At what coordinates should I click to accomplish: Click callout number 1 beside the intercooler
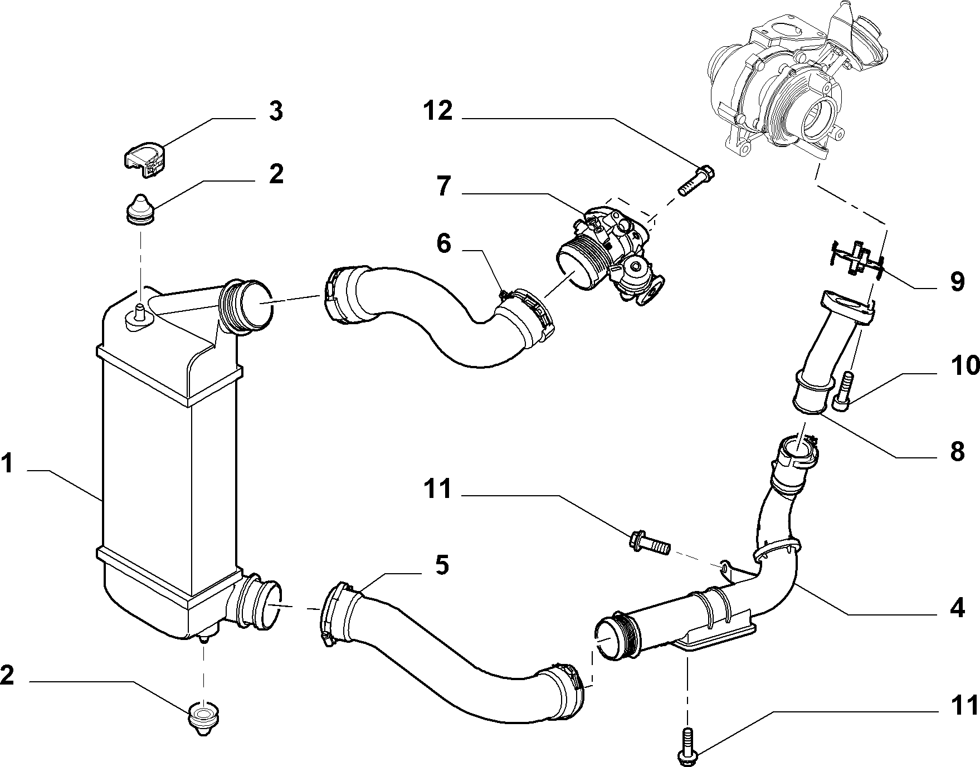[x=8, y=463]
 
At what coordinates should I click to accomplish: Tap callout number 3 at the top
[x=275, y=111]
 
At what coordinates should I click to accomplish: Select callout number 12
[x=437, y=111]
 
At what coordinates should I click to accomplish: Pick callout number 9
[x=957, y=282]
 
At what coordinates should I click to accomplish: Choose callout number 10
[x=964, y=366]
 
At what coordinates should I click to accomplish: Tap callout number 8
[x=957, y=451]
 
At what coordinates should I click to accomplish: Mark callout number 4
[x=957, y=609]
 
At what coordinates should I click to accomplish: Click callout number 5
[x=442, y=565]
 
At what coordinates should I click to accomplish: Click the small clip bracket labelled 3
[x=144, y=160]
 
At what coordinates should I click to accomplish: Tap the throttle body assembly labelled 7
[x=612, y=257]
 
